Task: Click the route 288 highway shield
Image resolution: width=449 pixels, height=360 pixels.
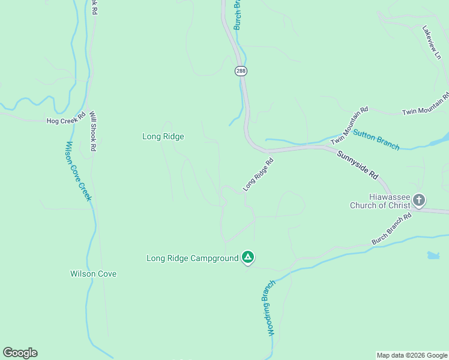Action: (241, 71)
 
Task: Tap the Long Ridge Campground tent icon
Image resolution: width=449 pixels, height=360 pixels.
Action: (248, 258)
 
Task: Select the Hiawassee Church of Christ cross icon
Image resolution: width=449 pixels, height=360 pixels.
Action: (419, 200)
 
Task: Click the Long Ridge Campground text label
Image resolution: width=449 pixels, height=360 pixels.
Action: (192, 259)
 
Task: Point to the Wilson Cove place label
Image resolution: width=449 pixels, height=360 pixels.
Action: (93, 274)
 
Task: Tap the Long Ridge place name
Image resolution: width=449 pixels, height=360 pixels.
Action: (163, 136)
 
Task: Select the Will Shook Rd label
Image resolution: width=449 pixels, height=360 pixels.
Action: (92, 131)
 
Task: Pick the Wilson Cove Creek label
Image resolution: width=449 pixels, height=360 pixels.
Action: (79, 171)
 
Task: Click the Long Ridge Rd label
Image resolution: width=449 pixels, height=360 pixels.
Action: (258, 175)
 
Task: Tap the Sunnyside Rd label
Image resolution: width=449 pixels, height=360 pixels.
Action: (357, 166)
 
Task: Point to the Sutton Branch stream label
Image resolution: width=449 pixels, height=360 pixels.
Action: (376, 140)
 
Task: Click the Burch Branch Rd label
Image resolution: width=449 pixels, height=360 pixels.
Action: (391, 229)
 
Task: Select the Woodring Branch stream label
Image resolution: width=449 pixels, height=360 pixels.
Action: (268, 307)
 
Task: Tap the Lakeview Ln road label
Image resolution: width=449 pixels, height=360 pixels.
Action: (431, 42)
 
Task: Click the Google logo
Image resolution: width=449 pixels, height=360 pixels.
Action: (20, 353)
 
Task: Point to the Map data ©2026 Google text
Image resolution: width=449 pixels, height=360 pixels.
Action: (411, 355)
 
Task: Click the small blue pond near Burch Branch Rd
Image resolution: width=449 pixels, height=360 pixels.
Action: (433, 256)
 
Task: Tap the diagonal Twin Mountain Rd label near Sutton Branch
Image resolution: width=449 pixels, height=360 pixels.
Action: (349, 126)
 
